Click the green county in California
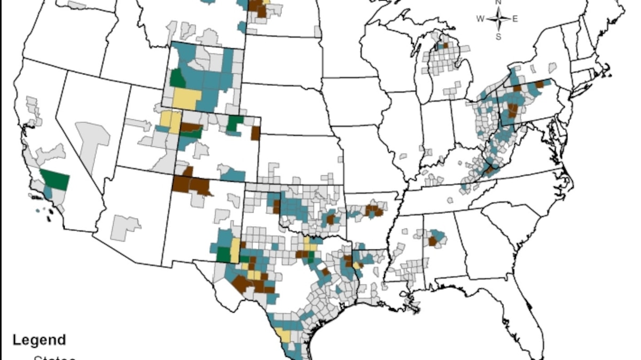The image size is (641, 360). point(56,179)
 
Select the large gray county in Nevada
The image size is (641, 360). point(93,140)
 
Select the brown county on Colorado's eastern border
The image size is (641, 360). point(255,133)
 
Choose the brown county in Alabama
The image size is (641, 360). point(433,241)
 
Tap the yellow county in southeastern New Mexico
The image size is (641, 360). point(234,249)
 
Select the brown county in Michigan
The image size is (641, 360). point(444,45)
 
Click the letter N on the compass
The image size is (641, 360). point(498,3)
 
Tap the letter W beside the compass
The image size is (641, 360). point(481,19)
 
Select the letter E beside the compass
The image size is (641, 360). point(515,19)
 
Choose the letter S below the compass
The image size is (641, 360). point(498,36)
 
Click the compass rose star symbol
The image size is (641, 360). point(498,20)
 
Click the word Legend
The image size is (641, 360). point(39,340)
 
